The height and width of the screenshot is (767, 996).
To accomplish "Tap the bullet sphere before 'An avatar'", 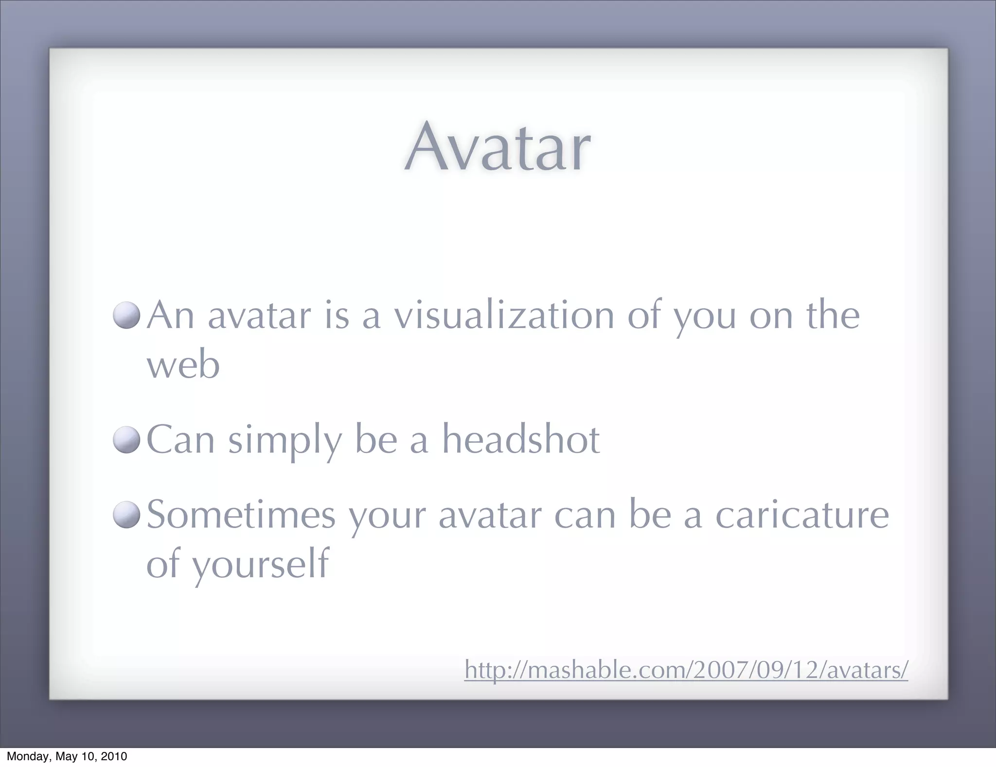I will click(x=126, y=315).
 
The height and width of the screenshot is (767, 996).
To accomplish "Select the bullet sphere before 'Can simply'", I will click(x=126, y=439).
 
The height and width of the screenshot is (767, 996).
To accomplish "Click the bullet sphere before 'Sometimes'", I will click(x=126, y=515).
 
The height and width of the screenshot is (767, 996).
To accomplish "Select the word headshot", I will click(x=520, y=439).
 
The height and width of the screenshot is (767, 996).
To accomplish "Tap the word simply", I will click(x=285, y=440).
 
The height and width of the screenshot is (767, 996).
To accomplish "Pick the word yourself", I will click(x=261, y=565).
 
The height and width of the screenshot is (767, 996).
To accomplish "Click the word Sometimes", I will click(x=241, y=515).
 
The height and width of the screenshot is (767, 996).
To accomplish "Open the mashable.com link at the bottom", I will click(x=686, y=670).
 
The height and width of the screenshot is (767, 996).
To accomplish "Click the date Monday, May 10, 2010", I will click(x=67, y=756).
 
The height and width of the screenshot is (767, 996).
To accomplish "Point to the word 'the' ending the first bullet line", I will click(x=833, y=315).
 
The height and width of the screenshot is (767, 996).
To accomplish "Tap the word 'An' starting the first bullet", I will click(x=171, y=315).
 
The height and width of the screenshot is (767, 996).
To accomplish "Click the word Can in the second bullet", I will click(x=180, y=439).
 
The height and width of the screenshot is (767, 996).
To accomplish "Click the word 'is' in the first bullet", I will click(x=337, y=315).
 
